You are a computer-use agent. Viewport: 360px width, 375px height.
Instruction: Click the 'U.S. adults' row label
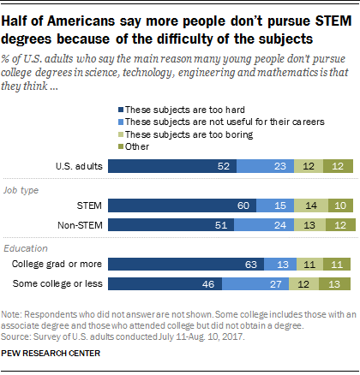point(78,165)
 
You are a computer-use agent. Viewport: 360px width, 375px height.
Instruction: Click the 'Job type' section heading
point(22,190)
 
